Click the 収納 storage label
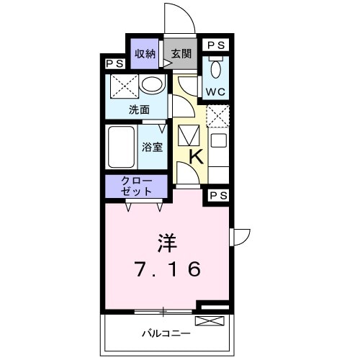(145, 53)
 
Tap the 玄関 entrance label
(182, 53)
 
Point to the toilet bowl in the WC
(215, 69)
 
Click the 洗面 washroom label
(139, 110)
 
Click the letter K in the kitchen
(195, 156)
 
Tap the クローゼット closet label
(137, 186)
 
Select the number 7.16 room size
(167, 270)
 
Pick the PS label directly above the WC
(215, 45)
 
